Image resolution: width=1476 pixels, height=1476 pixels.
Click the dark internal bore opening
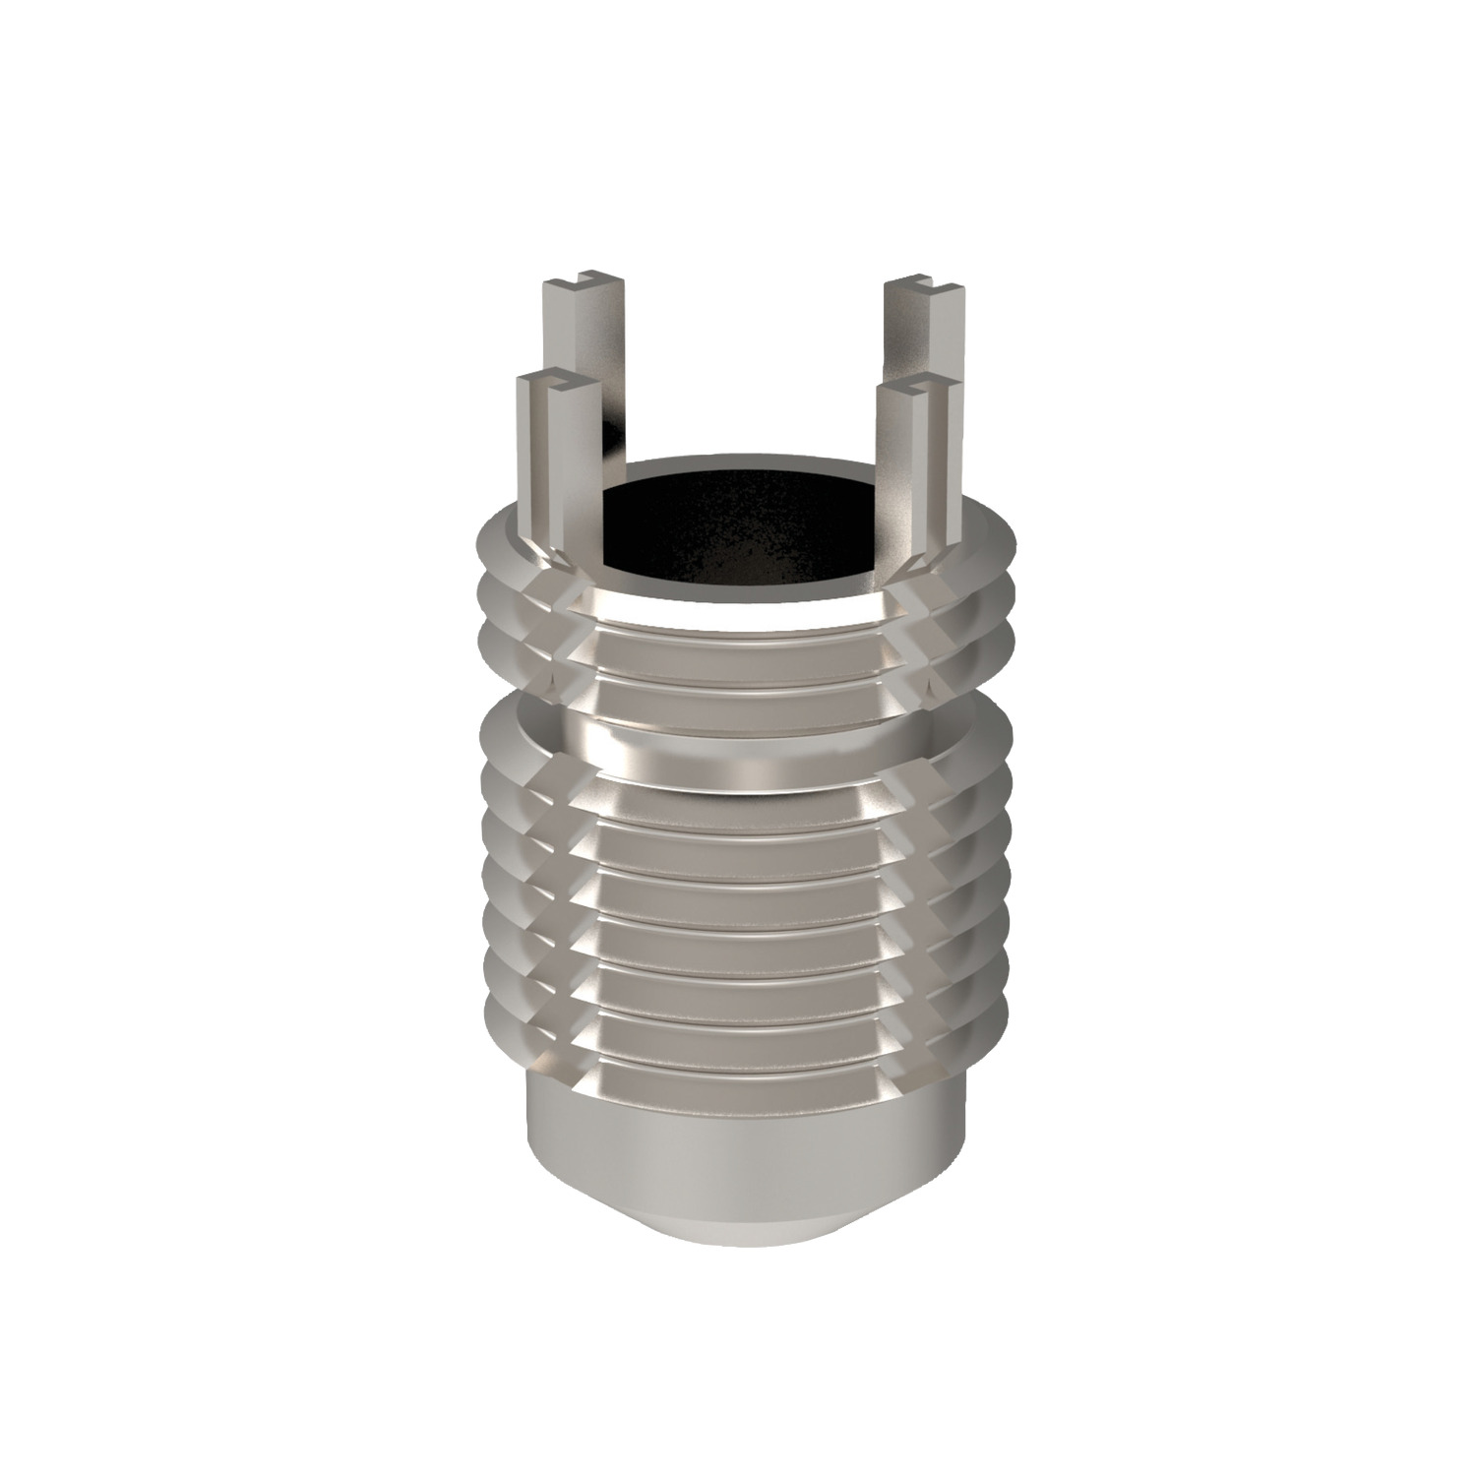pyautogui.click(x=743, y=531)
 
